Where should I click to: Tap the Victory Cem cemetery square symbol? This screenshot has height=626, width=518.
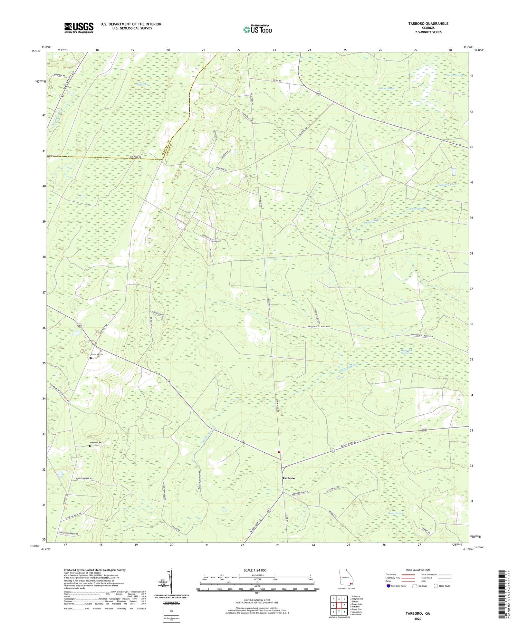(x=91, y=358)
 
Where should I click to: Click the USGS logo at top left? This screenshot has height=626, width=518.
(x=79, y=28)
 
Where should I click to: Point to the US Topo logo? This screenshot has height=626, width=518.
(x=257, y=29)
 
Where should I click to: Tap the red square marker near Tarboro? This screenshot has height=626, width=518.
(x=279, y=451)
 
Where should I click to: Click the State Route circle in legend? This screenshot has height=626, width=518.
(x=436, y=586)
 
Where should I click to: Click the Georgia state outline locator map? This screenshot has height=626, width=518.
(x=346, y=579)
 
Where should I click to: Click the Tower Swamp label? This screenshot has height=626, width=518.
(x=395, y=513)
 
